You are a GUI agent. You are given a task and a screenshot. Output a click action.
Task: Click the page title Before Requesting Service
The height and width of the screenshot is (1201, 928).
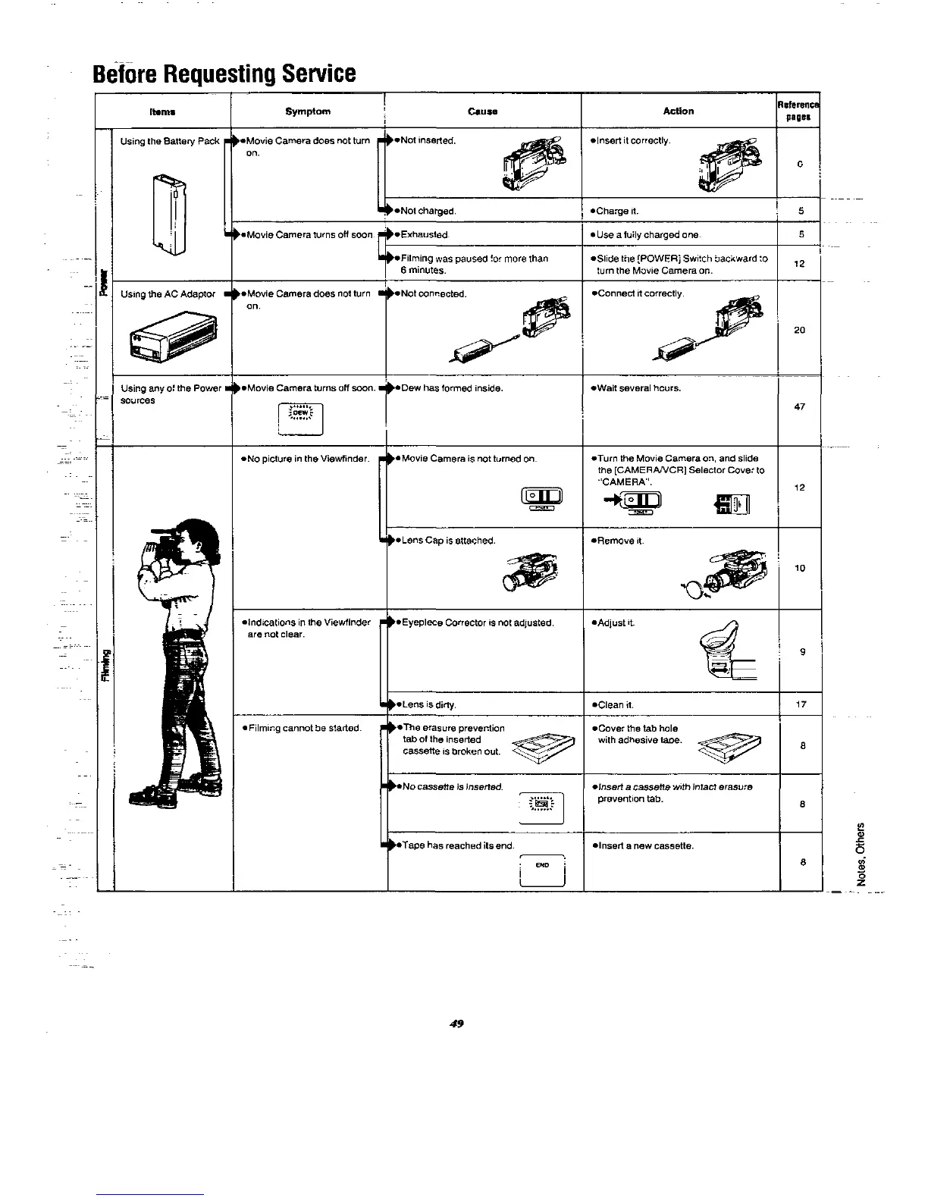coord(224,74)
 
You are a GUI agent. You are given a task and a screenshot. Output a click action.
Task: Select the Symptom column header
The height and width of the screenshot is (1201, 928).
coord(308,111)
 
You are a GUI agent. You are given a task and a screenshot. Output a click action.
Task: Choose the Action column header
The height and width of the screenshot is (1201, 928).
coord(679,111)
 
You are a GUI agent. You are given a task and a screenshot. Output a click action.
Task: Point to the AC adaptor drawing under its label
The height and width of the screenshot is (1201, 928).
coord(171,338)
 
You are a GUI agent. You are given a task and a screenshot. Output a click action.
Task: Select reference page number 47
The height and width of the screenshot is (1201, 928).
coord(799,407)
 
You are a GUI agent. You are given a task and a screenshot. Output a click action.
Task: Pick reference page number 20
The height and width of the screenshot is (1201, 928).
coord(799,330)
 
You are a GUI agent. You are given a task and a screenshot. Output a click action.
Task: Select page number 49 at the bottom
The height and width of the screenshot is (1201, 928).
coord(456,1024)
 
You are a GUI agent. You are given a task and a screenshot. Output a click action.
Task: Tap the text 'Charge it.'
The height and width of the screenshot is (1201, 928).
coord(614,211)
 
